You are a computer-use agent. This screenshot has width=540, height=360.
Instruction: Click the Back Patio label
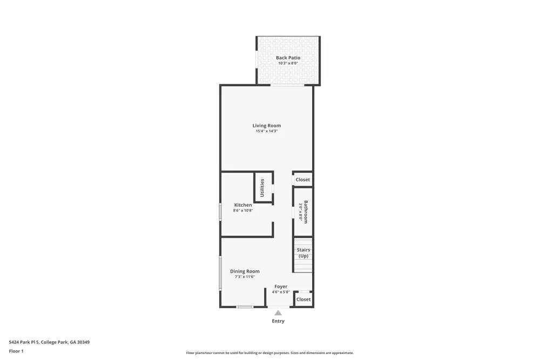(x=288, y=58)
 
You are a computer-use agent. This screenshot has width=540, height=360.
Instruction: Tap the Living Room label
(x=267, y=126)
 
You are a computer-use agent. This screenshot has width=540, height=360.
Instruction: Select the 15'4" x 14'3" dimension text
(x=267, y=131)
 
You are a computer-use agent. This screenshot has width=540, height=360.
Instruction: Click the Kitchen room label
(x=243, y=205)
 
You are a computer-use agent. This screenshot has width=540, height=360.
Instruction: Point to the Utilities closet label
(x=262, y=188)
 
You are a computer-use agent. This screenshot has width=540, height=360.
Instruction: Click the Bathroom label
(x=306, y=212)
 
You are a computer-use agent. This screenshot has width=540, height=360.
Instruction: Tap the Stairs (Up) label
(x=303, y=253)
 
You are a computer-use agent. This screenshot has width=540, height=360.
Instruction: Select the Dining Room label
(x=245, y=271)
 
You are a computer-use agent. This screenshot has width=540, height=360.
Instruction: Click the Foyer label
(x=281, y=287)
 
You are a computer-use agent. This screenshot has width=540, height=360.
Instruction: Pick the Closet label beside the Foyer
(x=303, y=300)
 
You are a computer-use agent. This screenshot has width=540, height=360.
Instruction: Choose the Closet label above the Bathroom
(x=303, y=180)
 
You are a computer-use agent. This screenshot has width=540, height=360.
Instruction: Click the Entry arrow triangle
(x=278, y=312)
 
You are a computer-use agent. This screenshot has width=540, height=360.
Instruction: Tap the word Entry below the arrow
(x=278, y=321)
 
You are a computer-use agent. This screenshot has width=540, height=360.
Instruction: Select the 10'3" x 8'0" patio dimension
(x=288, y=63)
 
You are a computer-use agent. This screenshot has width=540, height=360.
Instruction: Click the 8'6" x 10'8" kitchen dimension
(x=243, y=210)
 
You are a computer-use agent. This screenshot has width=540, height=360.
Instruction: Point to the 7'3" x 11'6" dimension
(x=245, y=277)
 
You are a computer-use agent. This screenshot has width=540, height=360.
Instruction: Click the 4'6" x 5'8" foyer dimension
(x=281, y=292)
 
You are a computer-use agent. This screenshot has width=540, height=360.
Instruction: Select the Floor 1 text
(x=16, y=351)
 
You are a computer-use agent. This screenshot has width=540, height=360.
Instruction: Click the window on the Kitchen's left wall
(x=220, y=211)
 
